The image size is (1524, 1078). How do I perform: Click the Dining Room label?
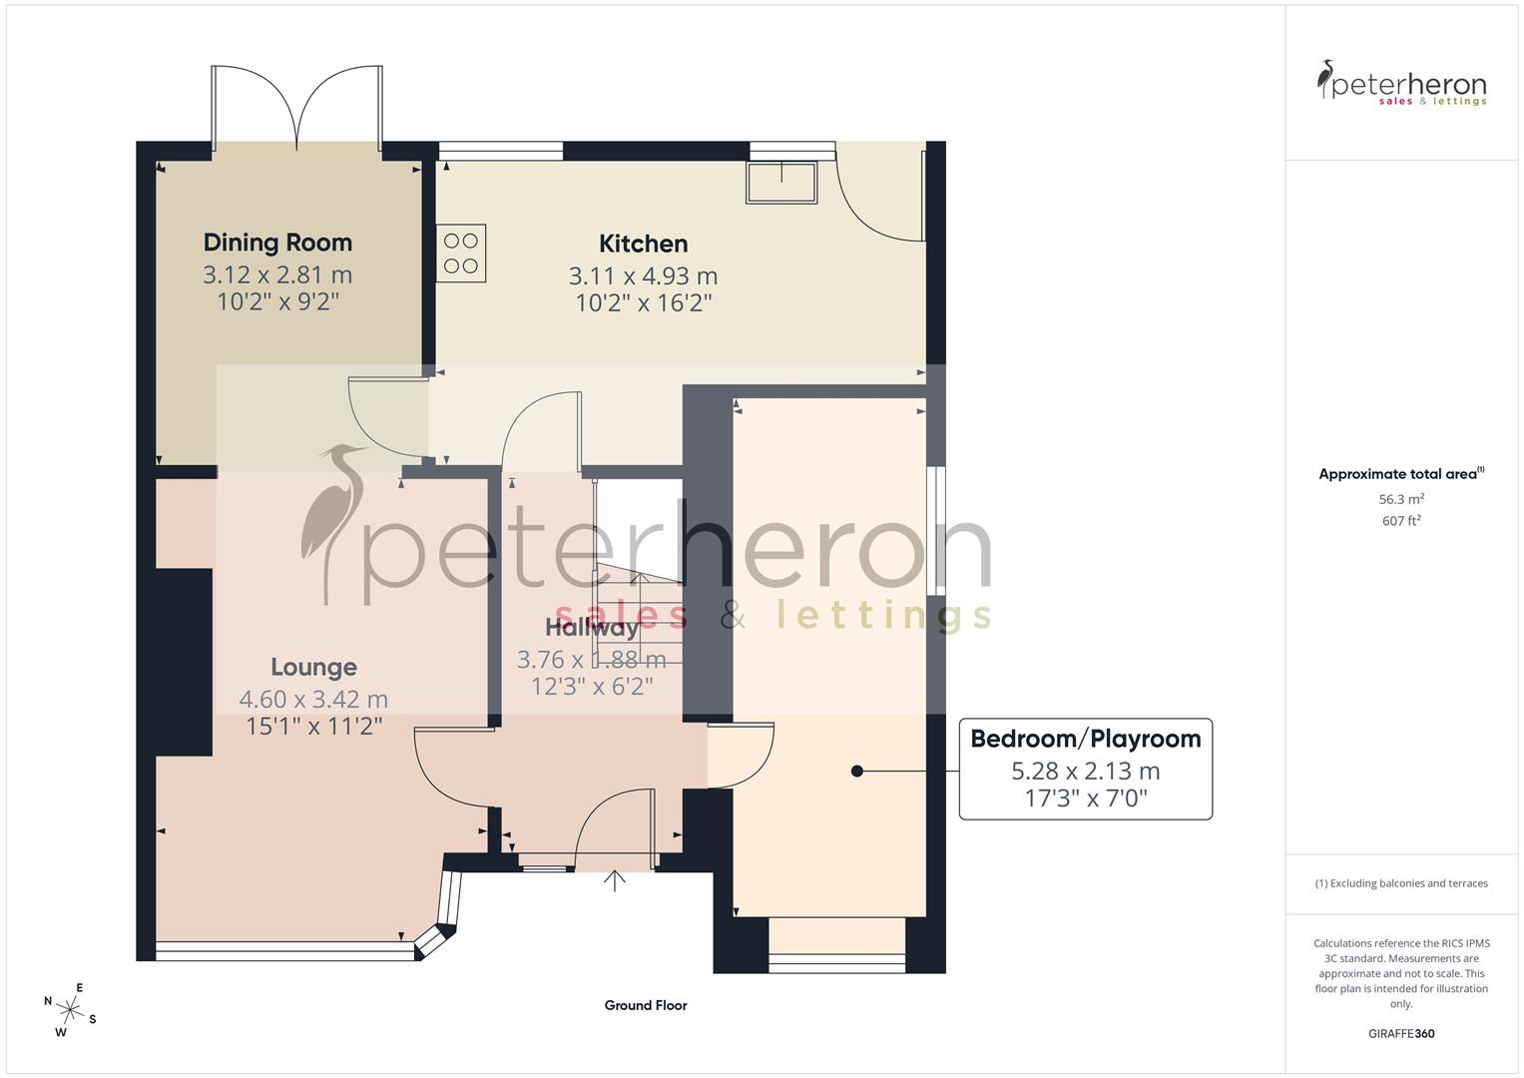click(x=277, y=243)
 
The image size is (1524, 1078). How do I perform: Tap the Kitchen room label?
click(x=643, y=244)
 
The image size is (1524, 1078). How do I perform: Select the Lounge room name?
click(x=313, y=667)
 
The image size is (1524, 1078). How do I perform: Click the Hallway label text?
click(x=592, y=628)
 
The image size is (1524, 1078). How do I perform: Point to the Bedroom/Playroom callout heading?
click(x=1085, y=739)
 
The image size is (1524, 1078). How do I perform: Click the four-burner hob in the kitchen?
click(x=461, y=253)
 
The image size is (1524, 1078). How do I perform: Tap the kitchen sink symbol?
click(x=782, y=181)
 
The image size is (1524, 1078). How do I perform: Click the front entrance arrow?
click(x=614, y=880)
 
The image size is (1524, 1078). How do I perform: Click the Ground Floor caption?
click(x=645, y=1005)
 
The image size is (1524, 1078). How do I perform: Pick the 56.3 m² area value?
click(x=1401, y=499)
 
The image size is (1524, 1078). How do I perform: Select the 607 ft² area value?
click(x=1401, y=520)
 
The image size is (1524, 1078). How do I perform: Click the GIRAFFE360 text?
click(x=1401, y=1033)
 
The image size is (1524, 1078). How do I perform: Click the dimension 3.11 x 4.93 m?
click(x=643, y=275)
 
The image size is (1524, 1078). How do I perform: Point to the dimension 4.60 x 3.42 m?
click(x=313, y=700)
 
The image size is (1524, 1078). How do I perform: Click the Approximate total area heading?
click(x=1400, y=474)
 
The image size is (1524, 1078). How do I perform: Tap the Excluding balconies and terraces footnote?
click(x=1401, y=883)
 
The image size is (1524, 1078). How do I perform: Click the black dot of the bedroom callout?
click(x=856, y=771)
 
